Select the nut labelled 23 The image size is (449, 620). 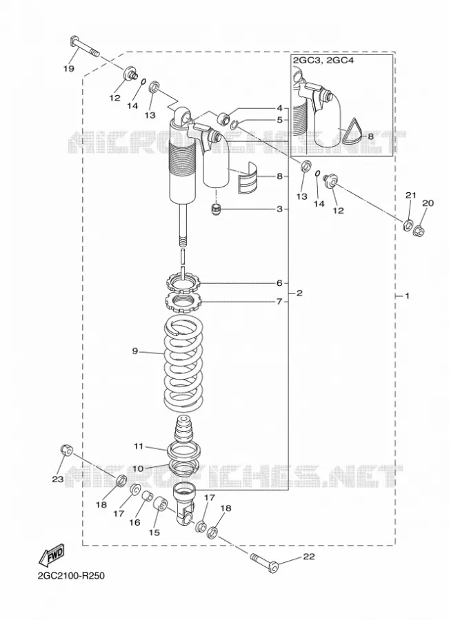click(66, 450)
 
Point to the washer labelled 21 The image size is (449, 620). click(408, 225)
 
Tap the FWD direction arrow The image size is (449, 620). click(50, 554)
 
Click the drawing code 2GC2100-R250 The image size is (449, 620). click(71, 575)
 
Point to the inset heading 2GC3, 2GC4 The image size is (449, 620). click(323, 61)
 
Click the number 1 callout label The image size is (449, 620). click(408, 296)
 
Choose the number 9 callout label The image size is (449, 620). click(135, 351)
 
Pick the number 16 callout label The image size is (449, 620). click(134, 522)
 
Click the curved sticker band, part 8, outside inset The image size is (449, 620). click(248, 177)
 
